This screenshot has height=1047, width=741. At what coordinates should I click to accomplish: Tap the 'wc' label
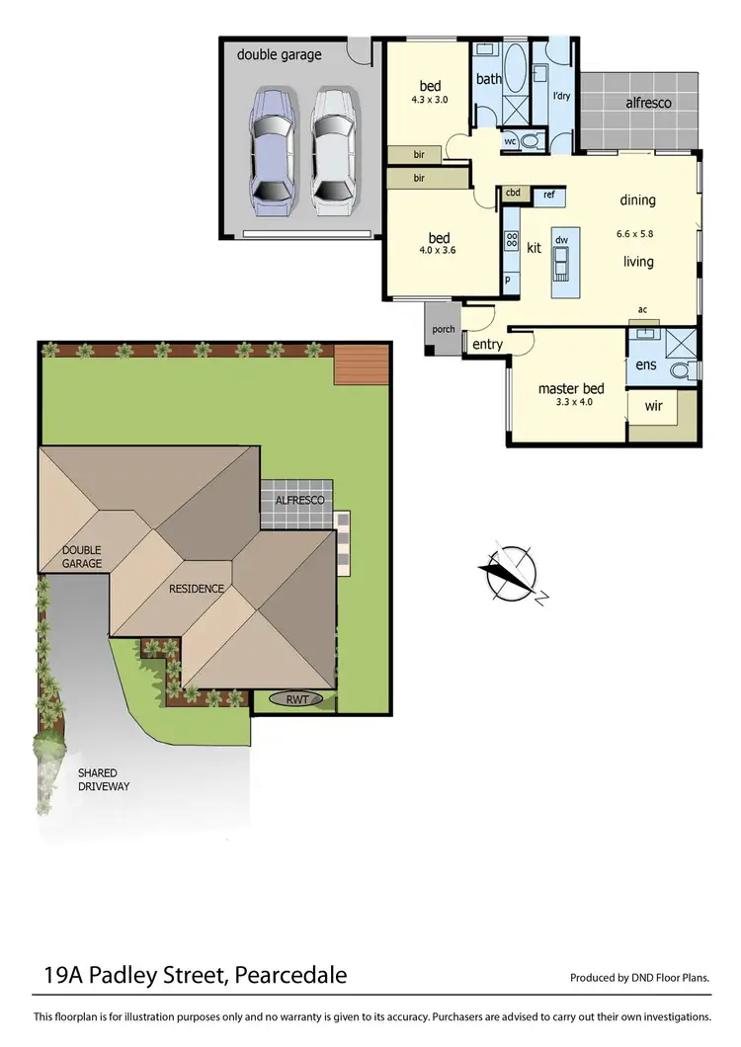pos(510,141)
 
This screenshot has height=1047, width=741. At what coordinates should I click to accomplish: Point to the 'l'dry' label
pos(561,96)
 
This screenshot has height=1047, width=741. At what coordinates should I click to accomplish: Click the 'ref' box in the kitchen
pos(548,195)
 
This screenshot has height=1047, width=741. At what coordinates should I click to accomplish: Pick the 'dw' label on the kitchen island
pos(561,240)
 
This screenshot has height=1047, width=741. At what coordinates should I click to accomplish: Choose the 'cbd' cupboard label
pos(513,194)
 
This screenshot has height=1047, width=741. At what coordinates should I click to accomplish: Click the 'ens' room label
pos(646,365)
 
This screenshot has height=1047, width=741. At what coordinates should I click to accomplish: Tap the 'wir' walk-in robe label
pos(653,406)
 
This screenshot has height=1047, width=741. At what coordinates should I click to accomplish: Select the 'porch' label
pos(444,330)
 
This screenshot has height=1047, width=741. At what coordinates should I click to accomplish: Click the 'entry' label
pos(488,345)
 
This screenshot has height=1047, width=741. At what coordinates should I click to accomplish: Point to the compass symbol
pos(511,574)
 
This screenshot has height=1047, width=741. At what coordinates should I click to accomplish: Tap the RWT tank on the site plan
pos(297,699)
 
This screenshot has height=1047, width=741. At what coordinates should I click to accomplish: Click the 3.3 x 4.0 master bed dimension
pos(571,403)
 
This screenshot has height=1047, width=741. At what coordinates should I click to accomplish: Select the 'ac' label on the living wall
pos(642,309)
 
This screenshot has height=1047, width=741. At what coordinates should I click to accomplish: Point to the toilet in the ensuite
pos(681,370)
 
